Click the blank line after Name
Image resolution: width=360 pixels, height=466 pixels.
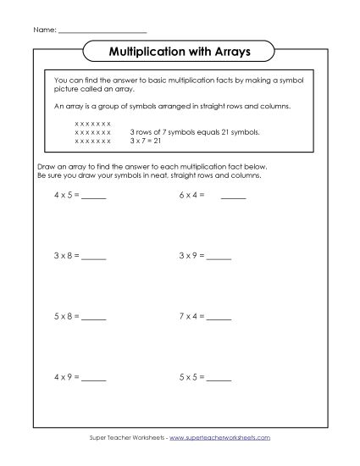coord(102,31)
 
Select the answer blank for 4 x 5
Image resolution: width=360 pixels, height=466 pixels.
coord(94,197)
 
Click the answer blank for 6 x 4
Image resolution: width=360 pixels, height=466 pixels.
coord(233,197)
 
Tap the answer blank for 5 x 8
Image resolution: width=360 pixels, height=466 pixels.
coord(94,319)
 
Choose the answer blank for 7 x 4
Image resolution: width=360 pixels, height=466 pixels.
coord(219,319)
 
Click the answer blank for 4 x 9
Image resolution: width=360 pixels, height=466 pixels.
coord(94,378)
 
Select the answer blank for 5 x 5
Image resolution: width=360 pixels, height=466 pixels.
coord(219,378)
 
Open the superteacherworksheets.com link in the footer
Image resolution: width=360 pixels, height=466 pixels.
coord(219,437)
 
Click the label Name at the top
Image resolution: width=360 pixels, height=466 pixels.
coord(44,30)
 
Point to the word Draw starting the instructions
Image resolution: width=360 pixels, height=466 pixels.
coord(47,169)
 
